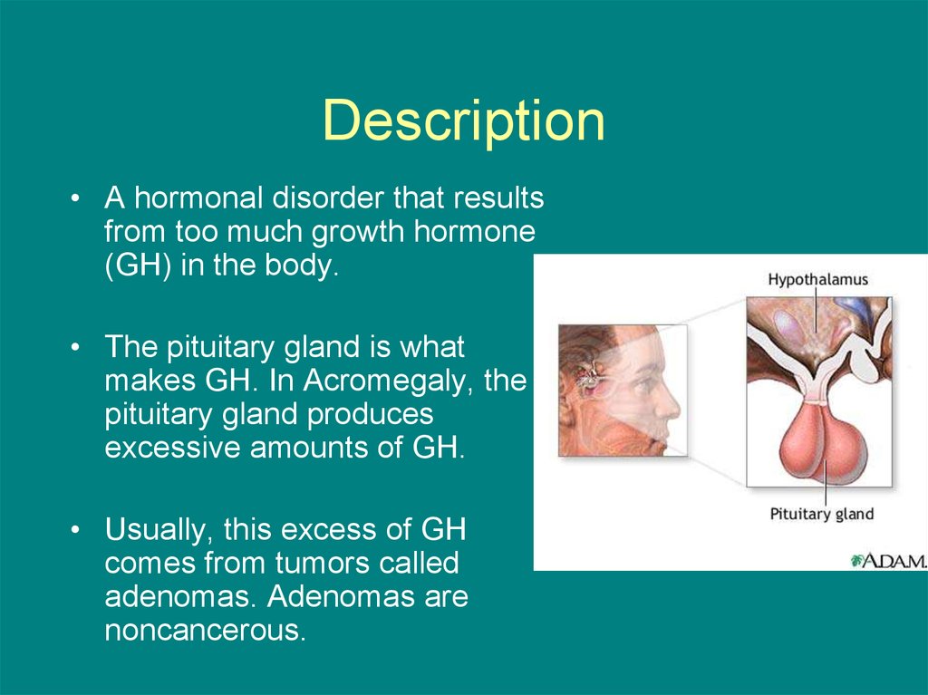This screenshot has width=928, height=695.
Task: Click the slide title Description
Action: (464, 122)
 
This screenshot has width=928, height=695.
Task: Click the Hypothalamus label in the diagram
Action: (818, 279)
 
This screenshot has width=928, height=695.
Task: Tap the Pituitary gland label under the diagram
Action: (821, 514)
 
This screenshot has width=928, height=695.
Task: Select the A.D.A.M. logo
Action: (888, 560)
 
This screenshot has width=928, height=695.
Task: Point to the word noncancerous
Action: (206, 630)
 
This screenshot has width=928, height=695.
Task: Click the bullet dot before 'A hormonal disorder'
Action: (74, 198)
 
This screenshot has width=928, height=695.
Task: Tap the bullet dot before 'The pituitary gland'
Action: (74, 348)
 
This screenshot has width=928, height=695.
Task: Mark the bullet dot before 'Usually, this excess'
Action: (74, 530)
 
